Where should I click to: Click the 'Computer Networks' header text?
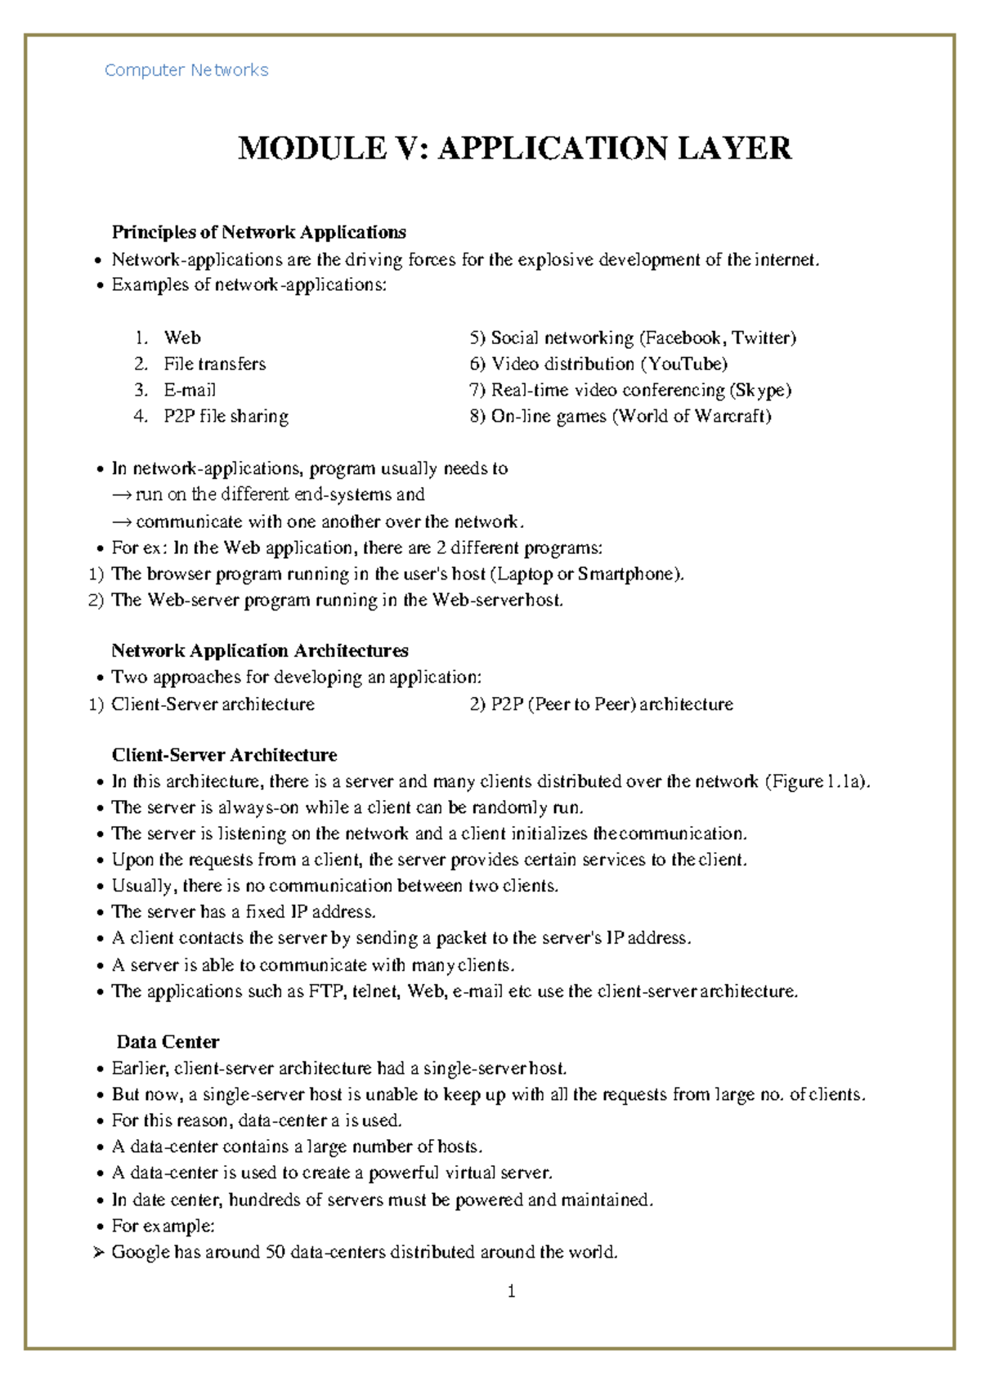pos(186,70)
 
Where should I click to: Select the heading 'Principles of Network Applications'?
pos(258,232)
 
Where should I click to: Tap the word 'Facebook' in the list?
pos(683,338)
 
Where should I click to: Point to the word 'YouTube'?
pos(684,364)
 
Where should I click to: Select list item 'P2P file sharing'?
pos(226,416)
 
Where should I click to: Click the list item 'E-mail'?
pos(190,390)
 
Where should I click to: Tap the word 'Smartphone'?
pos(627,574)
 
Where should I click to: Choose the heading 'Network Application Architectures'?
pos(260,651)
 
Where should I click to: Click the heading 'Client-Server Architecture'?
pos(224,754)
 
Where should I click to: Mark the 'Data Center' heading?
pos(168,1042)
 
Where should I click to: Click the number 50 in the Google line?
pos(275,1252)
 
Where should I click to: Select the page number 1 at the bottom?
pos(511,1291)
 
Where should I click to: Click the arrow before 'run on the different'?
pos(122,495)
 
